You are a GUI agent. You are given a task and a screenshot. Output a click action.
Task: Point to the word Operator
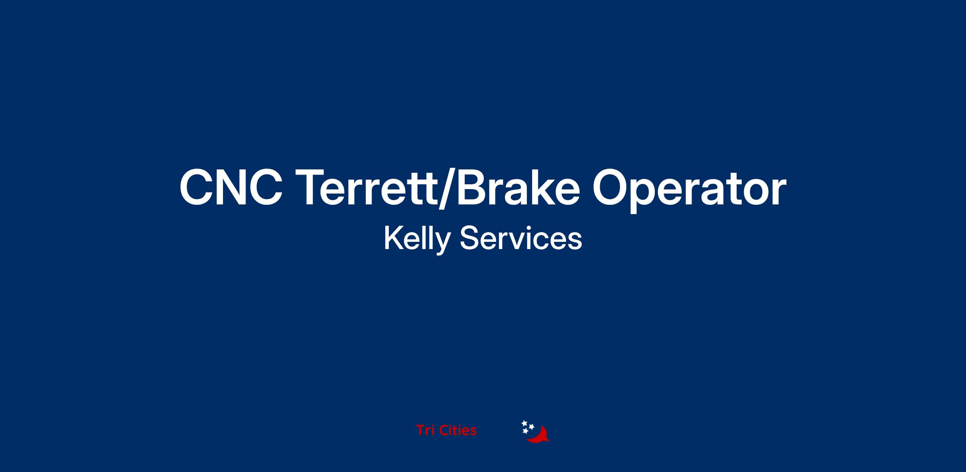tap(689, 190)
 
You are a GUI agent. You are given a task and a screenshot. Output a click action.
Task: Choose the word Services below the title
tap(521, 238)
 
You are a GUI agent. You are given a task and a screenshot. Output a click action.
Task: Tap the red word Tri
tap(425, 430)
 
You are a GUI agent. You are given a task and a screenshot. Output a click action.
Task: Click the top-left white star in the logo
tap(524, 423)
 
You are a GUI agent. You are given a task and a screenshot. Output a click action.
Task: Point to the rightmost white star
tap(531, 427)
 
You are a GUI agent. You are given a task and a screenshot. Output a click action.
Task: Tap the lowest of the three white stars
tap(525, 431)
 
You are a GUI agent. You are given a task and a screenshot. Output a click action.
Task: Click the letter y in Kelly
tap(442, 243)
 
